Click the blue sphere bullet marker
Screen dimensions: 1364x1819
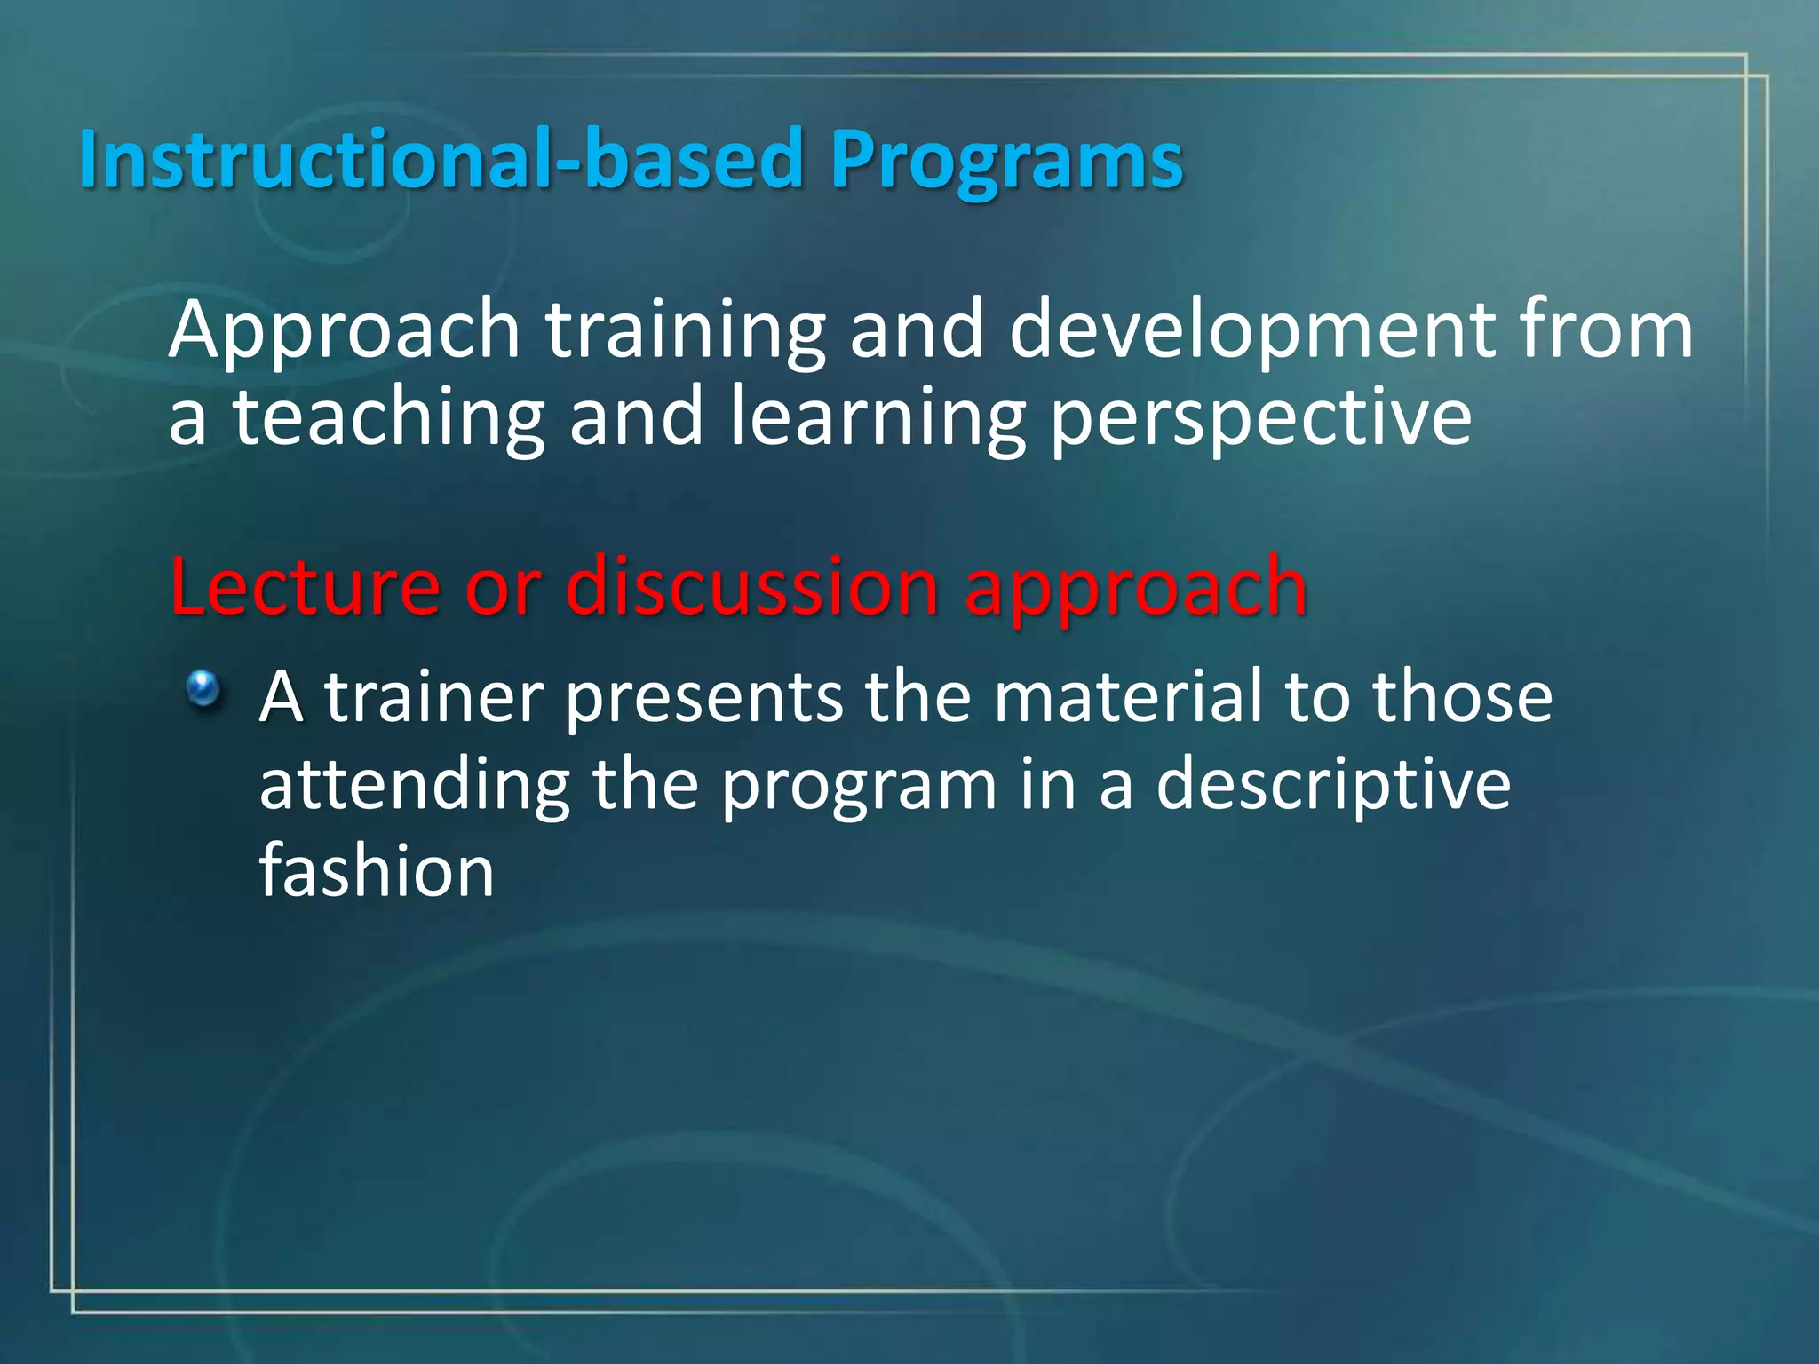(x=203, y=687)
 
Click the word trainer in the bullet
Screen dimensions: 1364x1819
(x=433, y=697)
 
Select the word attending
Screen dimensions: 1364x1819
(x=415, y=786)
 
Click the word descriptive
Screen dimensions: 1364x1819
(x=1332, y=786)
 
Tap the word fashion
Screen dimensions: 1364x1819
(x=377, y=871)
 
